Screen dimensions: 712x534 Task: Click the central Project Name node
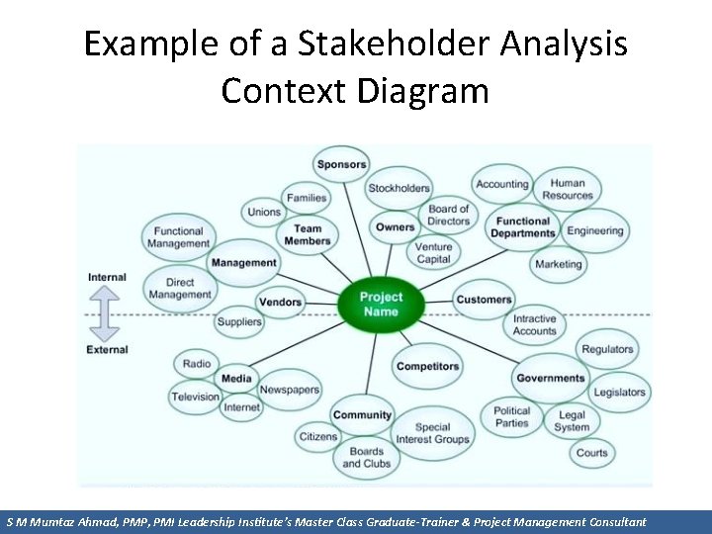(x=381, y=305)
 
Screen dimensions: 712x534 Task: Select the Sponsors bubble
(x=341, y=164)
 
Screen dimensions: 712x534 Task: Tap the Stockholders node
(x=399, y=188)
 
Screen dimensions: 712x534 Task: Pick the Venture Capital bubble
(x=433, y=253)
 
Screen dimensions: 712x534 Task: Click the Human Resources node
(x=568, y=189)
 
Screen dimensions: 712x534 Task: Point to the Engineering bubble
(x=595, y=231)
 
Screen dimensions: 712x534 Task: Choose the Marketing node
(x=559, y=264)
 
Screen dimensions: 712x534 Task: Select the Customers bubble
(x=484, y=300)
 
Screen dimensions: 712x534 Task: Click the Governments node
(x=551, y=378)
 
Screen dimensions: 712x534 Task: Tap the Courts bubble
(x=591, y=453)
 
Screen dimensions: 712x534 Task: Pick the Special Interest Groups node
(x=432, y=433)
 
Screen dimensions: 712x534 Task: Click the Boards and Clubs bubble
(x=366, y=457)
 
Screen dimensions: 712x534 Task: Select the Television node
(x=195, y=397)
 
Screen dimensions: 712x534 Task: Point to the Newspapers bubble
(x=290, y=390)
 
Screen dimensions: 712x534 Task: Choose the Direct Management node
(x=180, y=288)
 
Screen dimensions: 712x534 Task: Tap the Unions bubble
(x=264, y=212)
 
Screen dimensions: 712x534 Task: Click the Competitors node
(x=427, y=366)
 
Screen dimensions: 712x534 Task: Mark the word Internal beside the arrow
(x=107, y=277)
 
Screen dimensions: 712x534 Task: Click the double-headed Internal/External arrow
(x=107, y=313)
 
